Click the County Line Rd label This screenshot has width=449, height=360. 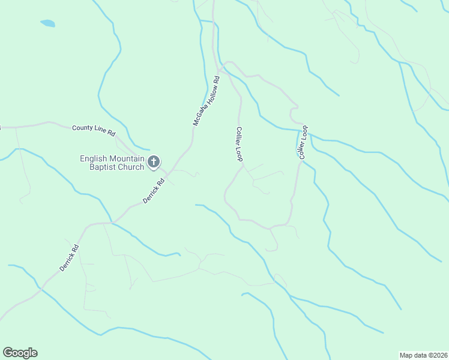click(93, 128)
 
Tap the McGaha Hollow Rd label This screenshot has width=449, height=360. click(206, 100)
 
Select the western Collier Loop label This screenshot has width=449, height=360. click(239, 144)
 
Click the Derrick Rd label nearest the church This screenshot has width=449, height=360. click(154, 190)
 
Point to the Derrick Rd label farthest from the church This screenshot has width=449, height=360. click(69, 256)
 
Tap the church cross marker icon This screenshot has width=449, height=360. click(154, 161)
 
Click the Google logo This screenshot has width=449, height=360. click(20, 353)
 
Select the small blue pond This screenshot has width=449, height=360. click(47, 24)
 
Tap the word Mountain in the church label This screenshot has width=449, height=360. click(127, 159)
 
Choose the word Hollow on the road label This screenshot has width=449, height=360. click(208, 95)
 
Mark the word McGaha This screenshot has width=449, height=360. click(199, 115)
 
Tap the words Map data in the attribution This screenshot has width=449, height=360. click(414, 355)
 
